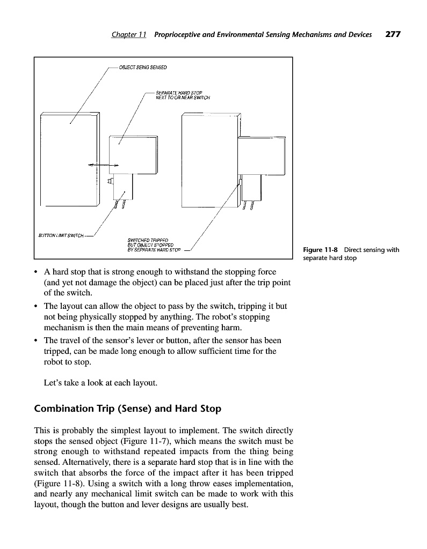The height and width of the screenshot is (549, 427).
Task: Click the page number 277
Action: click(x=393, y=34)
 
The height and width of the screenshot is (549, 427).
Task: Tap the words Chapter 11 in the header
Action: click(x=129, y=35)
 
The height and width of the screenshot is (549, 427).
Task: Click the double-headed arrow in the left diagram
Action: click(x=103, y=165)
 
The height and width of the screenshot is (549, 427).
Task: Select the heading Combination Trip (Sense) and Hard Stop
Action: click(x=127, y=409)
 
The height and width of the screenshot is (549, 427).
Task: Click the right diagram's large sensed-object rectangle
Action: click(x=209, y=161)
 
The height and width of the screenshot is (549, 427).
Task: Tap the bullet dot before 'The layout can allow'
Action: click(x=36, y=307)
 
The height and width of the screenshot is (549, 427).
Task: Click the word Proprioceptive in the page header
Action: click(x=183, y=35)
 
